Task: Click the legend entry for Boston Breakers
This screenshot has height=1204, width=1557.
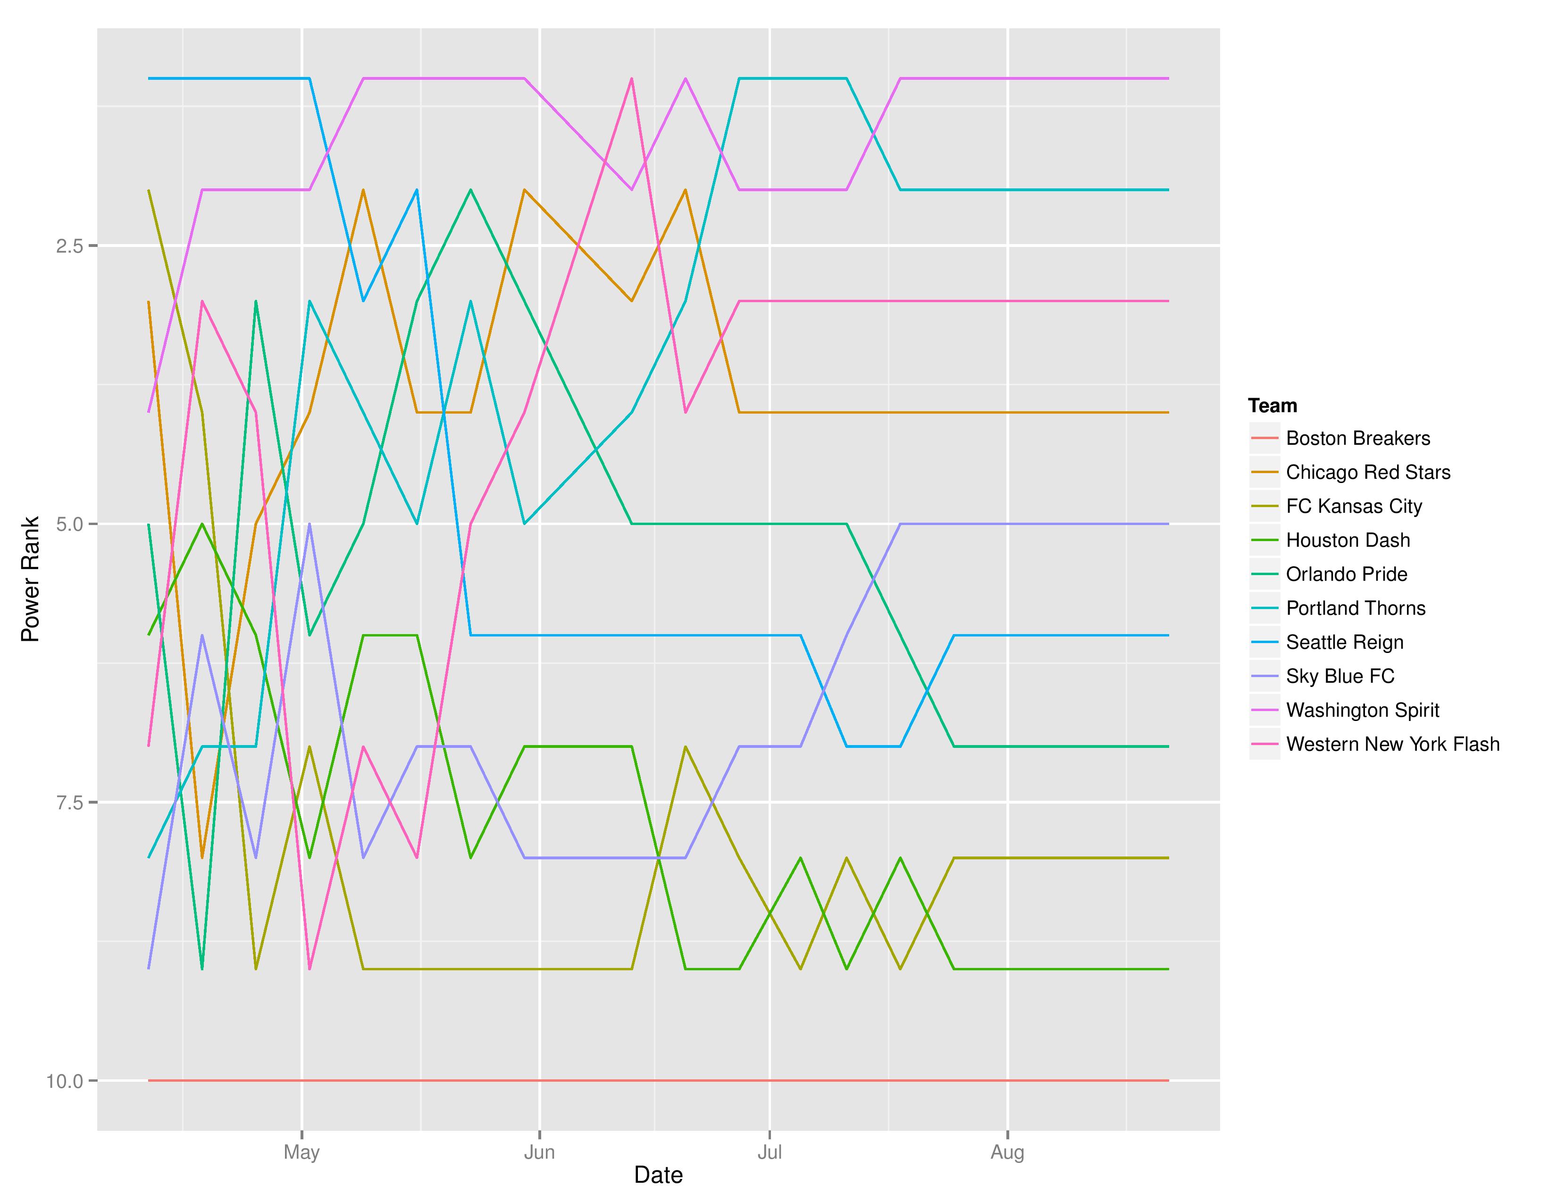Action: pyautogui.click(x=1357, y=438)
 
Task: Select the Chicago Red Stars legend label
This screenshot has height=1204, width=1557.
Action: pyautogui.click(x=1367, y=472)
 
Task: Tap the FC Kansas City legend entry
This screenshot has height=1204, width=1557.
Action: pyautogui.click(x=1353, y=507)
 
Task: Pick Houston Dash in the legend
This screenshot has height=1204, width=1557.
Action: pyautogui.click(x=1348, y=540)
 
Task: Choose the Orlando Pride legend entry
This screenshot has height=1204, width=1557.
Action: pyautogui.click(x=1346, y=574)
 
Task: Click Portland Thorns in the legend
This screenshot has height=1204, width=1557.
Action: pyautogui.click(x=1355, y=609)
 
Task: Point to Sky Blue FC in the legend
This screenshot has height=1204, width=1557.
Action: pyautogui.click(x=1339, y=676)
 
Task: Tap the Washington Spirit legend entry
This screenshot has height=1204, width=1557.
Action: pyautogui.click(x=1363, y=711)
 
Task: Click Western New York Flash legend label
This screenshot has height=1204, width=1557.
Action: pyautogui.click(x=1392, y=744)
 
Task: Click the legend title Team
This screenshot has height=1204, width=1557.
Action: pyautogui.click(x=1272, y=406)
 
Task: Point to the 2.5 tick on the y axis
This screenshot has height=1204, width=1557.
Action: pyautogui.click(x=69, y=246)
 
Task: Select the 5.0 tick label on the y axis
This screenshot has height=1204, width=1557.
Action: pyautogui.click(x=69, y=524)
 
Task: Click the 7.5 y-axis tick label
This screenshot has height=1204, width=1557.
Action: pyautogui.click(x=69, y=802)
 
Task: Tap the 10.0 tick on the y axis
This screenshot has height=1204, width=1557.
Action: pyautogui.click(x=65, y=1081)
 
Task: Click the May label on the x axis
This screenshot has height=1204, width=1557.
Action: pyautogui.click(x=301, y=1152)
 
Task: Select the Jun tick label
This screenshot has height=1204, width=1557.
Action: pyautogui.click(x=539, y=1152)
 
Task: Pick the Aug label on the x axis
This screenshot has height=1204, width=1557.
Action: pyautogui.click(x=1007, y=1152)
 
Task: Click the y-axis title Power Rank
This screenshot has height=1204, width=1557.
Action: pyautogui.click(x=30, y=579)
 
